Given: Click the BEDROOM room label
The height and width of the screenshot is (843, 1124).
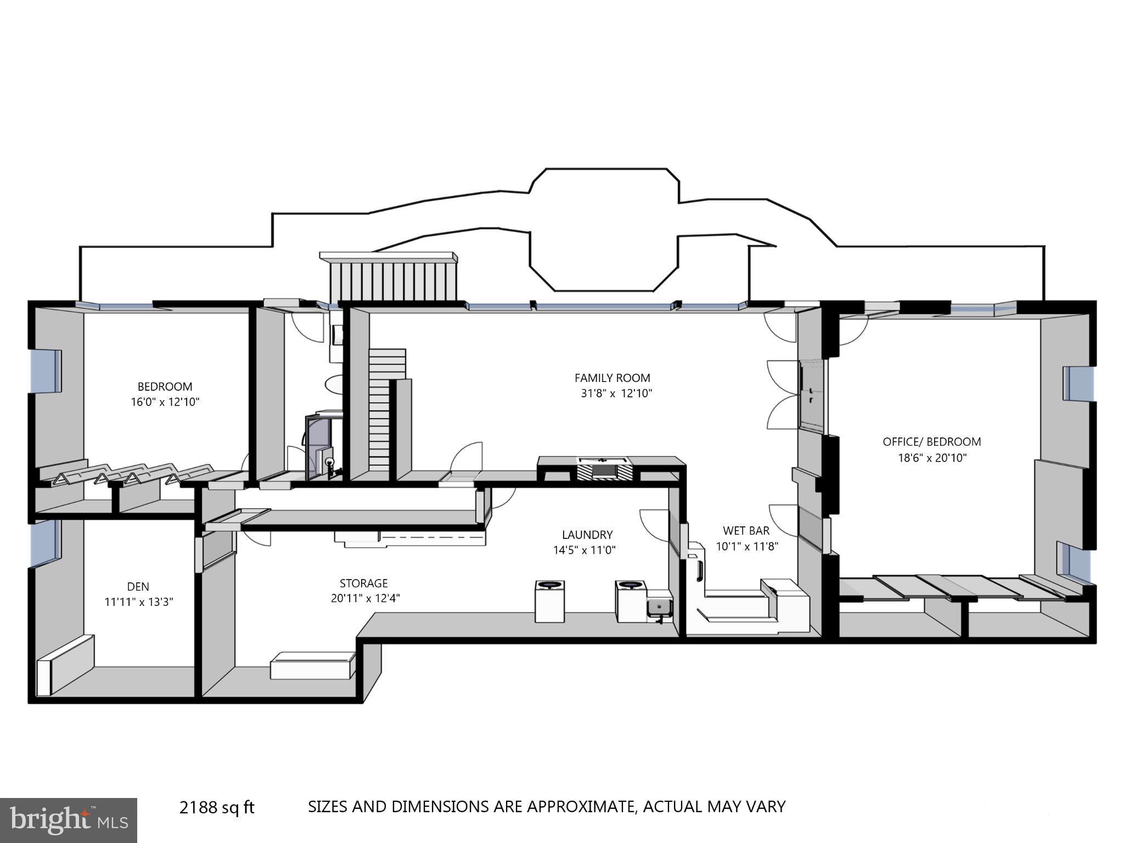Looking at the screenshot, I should [165, 386].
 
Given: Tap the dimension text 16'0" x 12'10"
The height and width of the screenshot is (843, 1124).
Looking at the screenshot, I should [165, 402].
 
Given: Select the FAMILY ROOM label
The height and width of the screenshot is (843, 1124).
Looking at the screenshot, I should [612, 378].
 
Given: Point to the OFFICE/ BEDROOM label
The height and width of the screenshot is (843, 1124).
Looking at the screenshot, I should [931, 442].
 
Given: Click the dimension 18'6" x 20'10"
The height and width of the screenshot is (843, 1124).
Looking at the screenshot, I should [931, 458].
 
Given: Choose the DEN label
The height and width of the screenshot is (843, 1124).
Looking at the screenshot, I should [138, 587].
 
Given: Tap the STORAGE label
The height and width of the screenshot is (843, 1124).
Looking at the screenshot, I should [363, 583].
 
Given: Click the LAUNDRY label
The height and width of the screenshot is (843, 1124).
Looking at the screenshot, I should [587, 535].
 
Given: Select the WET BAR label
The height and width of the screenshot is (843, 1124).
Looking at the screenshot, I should [746, 531].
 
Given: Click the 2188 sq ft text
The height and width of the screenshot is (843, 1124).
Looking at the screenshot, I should [217, 807].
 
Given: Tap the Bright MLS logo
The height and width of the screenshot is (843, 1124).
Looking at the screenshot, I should [68, 820].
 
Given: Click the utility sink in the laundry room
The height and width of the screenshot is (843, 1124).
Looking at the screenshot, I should [659, 607].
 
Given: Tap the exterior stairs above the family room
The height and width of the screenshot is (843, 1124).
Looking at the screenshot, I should [393, 280].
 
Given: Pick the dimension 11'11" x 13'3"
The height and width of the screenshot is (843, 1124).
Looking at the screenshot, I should [138, 602].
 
